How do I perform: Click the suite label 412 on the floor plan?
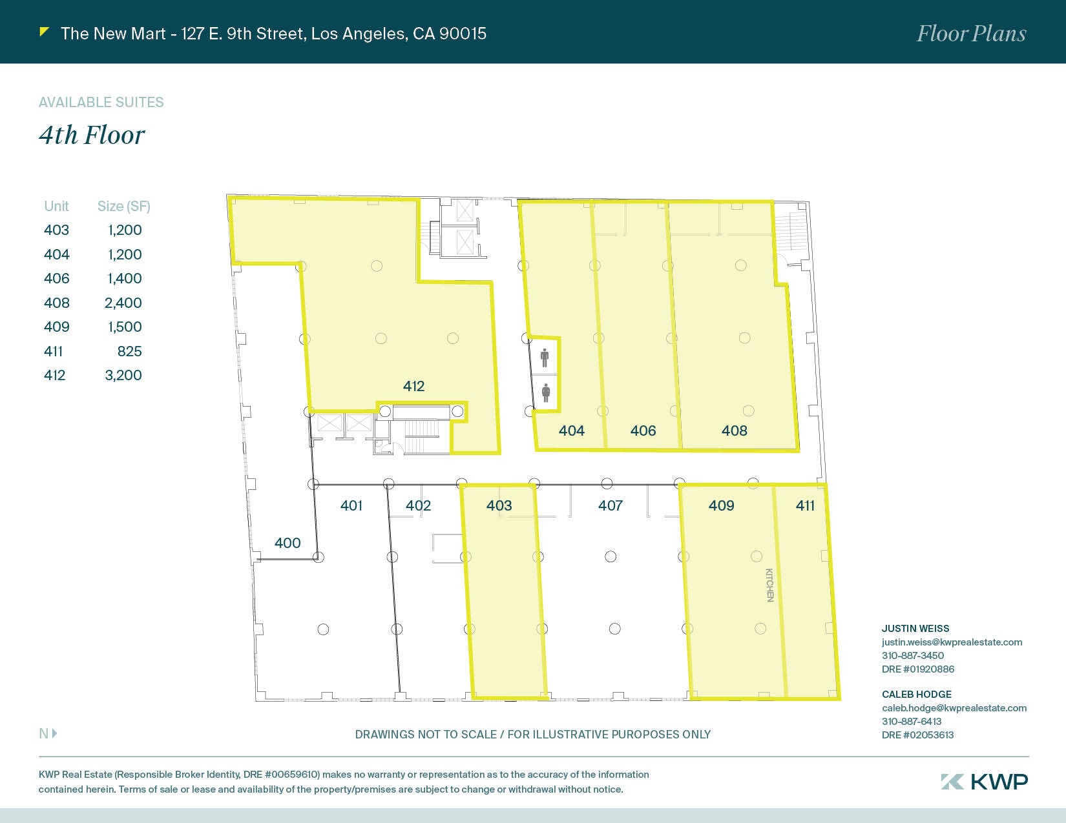(x=413, y=386)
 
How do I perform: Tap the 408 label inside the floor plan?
(x=735, y=431)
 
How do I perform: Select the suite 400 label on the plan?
(x=287, y=543)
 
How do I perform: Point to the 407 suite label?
(x=611, y=505)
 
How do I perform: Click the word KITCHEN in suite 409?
(x=769, y=585)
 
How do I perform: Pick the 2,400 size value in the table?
(x=123, y=303)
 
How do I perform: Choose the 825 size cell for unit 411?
(x=129, y=351)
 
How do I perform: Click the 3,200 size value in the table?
(x=123, y=376)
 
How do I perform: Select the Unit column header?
(x=56, y=207)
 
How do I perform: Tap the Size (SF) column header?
(x=123, y=207)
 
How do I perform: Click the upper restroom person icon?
(x=545, y=358)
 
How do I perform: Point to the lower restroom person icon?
(x=545, y=392)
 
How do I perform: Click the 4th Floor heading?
(x=92, y=136)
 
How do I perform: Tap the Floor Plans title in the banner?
(x=971, y=34)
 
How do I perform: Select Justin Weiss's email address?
(x=952, y=642)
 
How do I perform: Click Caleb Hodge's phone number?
(x=912, y=722)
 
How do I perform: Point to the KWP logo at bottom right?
(x=984, y=782)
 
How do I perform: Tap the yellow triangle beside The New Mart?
(x=44, y=32)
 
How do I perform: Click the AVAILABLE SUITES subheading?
(x=101, y=103)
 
